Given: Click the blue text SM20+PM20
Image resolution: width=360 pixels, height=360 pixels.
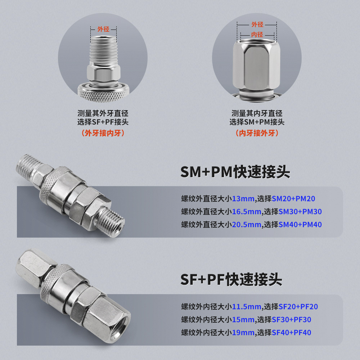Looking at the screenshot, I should (293, 198).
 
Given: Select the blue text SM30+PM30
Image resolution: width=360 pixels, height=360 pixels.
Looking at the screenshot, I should (300, 212).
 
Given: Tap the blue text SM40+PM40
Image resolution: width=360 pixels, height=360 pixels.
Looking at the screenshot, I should (300, 225).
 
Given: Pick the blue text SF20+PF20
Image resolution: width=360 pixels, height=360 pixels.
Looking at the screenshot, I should (298, 307).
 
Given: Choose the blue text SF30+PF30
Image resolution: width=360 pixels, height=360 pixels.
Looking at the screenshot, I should (291, 320).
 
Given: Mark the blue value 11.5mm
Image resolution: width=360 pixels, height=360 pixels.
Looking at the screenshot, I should (247, 307).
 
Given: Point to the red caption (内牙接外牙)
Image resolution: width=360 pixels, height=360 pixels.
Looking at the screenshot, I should (257, 133).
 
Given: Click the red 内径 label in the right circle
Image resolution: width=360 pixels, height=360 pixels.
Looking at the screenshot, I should (257, 35).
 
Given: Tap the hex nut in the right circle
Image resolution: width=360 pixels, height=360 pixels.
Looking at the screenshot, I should (256, 67).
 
